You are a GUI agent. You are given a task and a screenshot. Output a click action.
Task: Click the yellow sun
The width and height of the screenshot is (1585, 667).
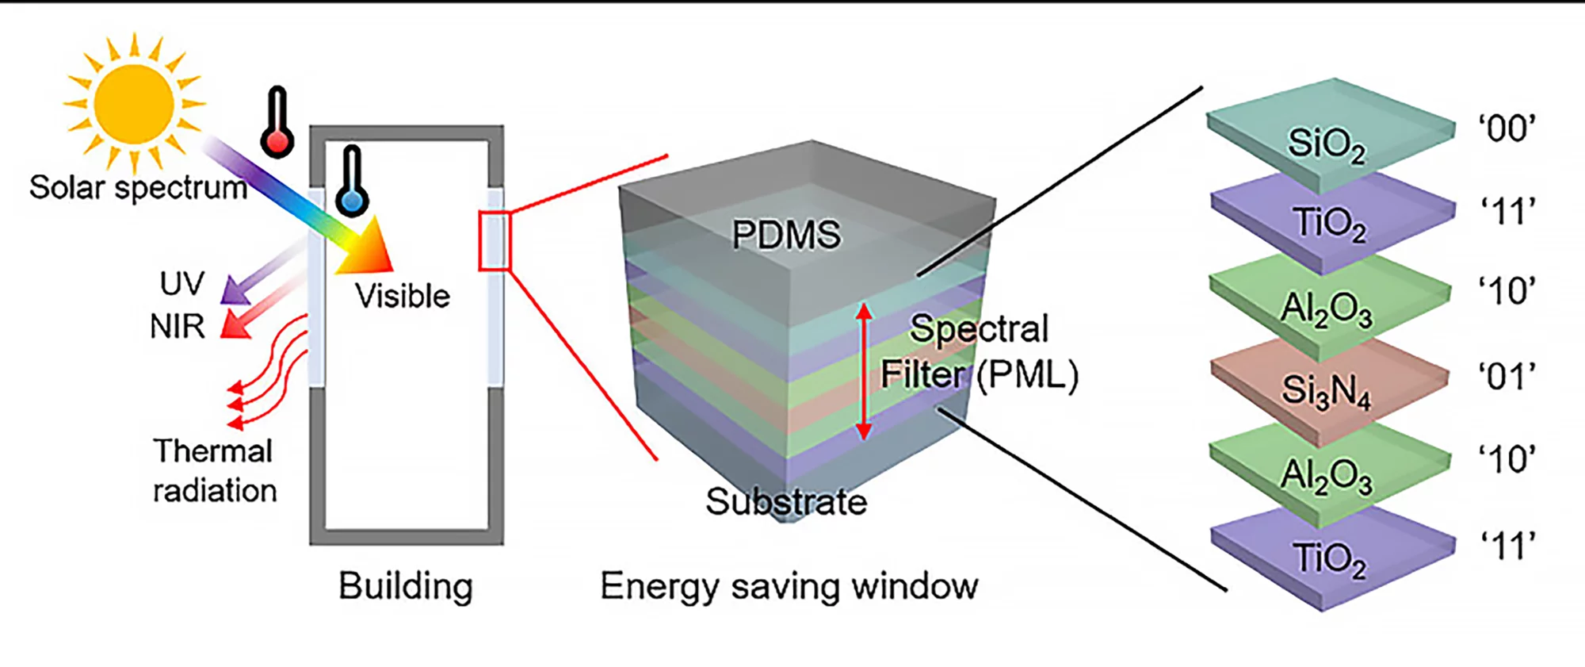134,104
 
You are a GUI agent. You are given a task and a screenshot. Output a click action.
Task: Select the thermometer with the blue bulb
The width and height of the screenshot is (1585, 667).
352,183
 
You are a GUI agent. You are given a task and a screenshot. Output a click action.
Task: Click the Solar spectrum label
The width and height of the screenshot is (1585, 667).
138,188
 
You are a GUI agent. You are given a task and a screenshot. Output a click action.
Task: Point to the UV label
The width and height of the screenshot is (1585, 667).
182,284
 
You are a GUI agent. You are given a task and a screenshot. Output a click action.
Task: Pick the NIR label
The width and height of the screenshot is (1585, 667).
178,326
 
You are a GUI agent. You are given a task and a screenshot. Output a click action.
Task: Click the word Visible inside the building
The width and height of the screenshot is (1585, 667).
403,297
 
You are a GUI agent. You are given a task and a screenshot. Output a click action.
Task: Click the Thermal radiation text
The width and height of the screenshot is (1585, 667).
214,471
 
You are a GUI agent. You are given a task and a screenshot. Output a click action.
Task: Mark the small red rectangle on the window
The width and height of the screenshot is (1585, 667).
495,240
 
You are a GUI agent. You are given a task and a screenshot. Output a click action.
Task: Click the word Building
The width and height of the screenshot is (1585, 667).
406,587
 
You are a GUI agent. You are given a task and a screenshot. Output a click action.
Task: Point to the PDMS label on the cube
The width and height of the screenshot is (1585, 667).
785,235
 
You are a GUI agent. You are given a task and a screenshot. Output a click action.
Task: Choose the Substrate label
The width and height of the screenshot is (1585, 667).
786,501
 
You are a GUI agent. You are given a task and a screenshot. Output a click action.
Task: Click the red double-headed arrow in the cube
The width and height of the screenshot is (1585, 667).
864,371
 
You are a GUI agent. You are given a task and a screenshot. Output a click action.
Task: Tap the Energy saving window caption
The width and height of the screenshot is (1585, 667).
789,587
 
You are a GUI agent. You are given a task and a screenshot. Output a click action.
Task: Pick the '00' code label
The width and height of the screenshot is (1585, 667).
1507,128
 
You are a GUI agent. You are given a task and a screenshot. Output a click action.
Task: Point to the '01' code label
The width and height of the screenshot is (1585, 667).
1507,378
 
